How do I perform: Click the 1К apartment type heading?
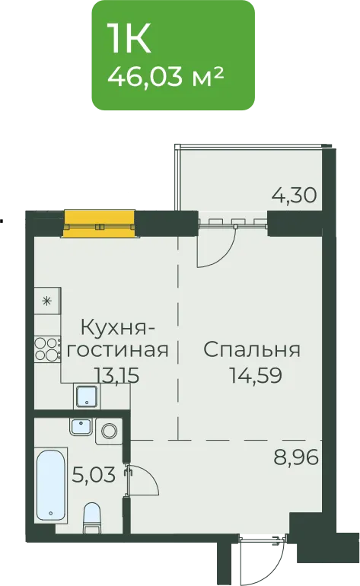[129, 39]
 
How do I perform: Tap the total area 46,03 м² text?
[166, 77]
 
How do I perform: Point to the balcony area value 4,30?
[295, 195]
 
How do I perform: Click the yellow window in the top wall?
[99, 224]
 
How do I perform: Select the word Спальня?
[252, 350]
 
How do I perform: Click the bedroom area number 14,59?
[255, 375]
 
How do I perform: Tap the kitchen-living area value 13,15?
[116, 375]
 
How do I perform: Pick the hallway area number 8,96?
[296, 457]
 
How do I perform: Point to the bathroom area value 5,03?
[94, 475]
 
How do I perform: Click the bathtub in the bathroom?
[52, 485]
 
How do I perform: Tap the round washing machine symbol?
[109, 432]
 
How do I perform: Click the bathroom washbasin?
[81, 427]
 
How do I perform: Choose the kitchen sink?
[87, 397]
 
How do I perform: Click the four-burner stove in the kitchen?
[47, 349]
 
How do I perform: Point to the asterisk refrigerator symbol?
[47, 301]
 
